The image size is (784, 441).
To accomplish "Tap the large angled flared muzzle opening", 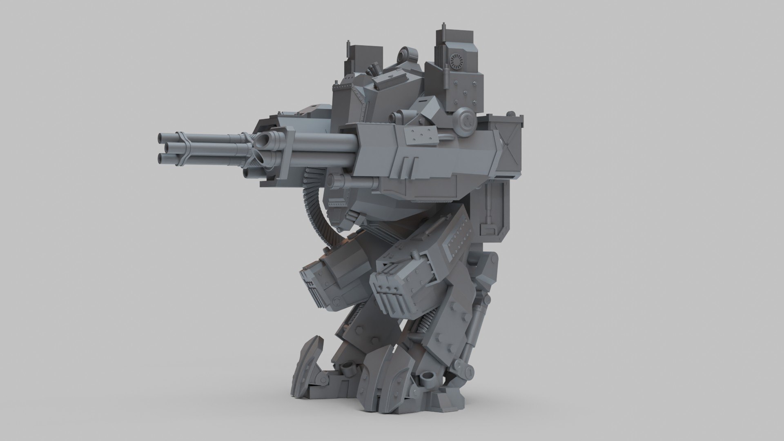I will point(263,141).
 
